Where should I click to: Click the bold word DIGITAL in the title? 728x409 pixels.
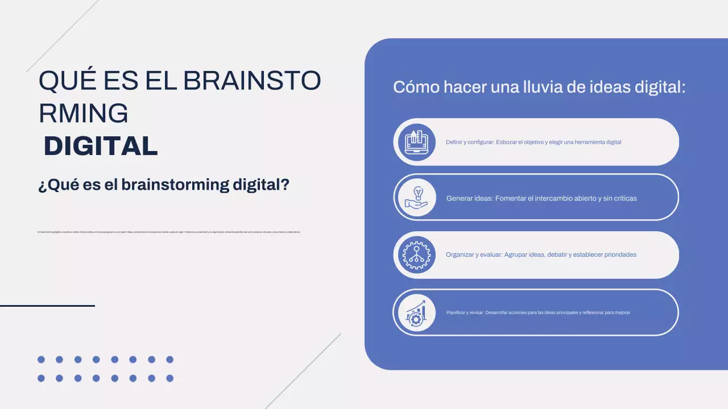pyautogui.click(x=101, y=146)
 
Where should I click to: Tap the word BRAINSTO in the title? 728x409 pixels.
pyautogui.click(x=252, y=81)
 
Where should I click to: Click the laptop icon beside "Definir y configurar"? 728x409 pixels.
pyautogui.click(x=415, y=142)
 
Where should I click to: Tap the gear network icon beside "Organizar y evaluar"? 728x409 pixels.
pyautogui.click(x=415, y=255)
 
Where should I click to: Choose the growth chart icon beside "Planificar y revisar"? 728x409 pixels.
pyautogui.click(x=415, y=313)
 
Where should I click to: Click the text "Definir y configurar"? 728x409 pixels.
pyautogui.click(x=470, y=142)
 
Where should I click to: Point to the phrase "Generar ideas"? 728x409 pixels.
pyautogui.click(x=469, y=198)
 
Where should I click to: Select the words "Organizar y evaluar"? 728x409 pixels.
pyautogui.click(x=474, y=254)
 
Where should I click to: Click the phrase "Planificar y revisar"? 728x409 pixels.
pyautogui.click(x=465, y=312)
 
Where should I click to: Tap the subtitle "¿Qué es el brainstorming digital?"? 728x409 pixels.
pyautogui.click(x=164, y=185)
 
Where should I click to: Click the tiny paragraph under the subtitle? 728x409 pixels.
pyautogui.click(x=168, y=232)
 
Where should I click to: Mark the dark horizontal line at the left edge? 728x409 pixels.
pyautogui.click(x=47, y=306)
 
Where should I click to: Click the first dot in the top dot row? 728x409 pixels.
pyautogui.click(x=41, y=360)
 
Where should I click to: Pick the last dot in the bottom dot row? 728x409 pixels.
pyautogui.click(x=169, y=378)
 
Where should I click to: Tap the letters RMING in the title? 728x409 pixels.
pyautogui.click(x=83, y=113)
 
